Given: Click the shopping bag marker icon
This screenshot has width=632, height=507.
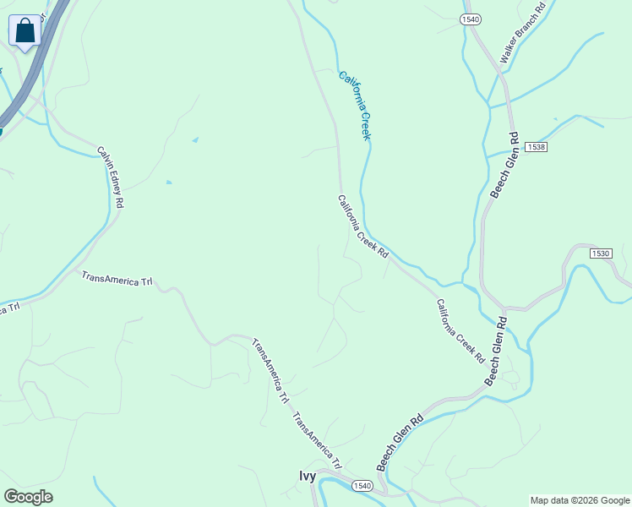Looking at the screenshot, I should click(25, 31).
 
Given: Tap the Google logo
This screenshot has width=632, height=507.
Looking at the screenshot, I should click(28, 497).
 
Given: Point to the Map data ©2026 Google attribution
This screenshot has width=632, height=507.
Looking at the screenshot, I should click(580, 500).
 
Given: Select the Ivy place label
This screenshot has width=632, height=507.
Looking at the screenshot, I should click(308, 476).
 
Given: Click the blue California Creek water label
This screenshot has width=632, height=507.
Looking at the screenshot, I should click(355, 105).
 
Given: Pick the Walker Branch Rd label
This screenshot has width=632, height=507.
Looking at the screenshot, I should click(523, 31).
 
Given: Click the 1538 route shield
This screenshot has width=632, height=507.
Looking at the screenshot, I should click(536, 147).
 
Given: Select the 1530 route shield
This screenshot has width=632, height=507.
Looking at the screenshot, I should click(601, 253).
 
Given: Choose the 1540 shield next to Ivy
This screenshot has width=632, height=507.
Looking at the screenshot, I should click(362, 485).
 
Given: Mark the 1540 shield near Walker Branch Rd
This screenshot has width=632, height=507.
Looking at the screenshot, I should click(471, 19).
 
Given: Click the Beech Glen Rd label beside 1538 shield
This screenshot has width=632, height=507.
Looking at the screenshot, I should click(504, 166).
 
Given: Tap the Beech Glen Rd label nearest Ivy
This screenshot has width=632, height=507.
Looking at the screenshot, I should click(400, 443).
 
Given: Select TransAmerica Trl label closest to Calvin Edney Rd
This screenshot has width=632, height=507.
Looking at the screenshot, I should click(117, 280).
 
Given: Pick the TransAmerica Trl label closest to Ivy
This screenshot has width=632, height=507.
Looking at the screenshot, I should click(317, 440).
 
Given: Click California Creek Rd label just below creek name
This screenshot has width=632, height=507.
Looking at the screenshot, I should click(362, 226).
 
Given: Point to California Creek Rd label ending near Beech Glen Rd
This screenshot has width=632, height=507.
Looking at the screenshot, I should click(460, 330).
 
